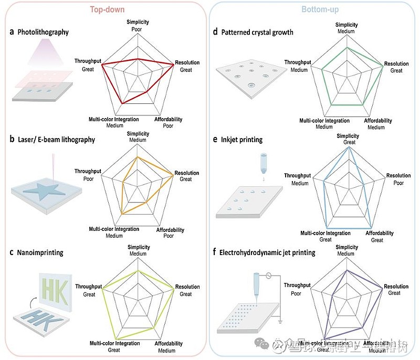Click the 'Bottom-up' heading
(x=320, y=9)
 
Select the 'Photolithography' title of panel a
(x=43, y=32)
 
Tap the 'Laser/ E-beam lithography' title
(x=56, y=140)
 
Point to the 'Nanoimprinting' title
(x=40, y=252)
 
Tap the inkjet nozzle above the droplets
(x=263, y=163)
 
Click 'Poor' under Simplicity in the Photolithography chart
(x=138, y=29)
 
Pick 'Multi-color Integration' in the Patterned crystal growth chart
(x=324, y=121)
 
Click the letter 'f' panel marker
(x=215, y=252)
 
